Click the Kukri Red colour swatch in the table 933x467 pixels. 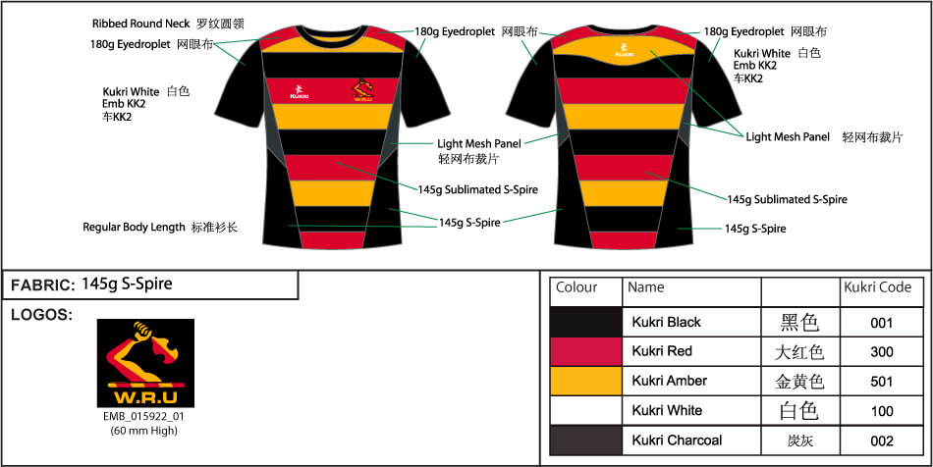point(585,351)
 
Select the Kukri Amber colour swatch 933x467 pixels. point(585,381)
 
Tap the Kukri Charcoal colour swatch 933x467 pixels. point(585,441)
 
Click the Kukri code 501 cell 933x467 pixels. point(881,382)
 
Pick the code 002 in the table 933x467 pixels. point(881,441)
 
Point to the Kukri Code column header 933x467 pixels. point(878,287)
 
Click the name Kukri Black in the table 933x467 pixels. point(667,323)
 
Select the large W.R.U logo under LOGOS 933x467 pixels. point(145,363)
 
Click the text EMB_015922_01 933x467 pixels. point(145,417)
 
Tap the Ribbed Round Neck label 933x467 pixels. point(141,24)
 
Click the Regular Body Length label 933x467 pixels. point(134,227)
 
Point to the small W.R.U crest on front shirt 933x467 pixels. point(363,91)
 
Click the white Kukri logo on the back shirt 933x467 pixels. point(624,50)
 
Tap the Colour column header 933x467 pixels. point(576,287)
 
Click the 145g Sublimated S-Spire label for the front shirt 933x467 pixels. point(478,189)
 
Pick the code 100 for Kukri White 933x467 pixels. point(881,411)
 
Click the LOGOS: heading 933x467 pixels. point(41,316)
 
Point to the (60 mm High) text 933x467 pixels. point(144,431)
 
